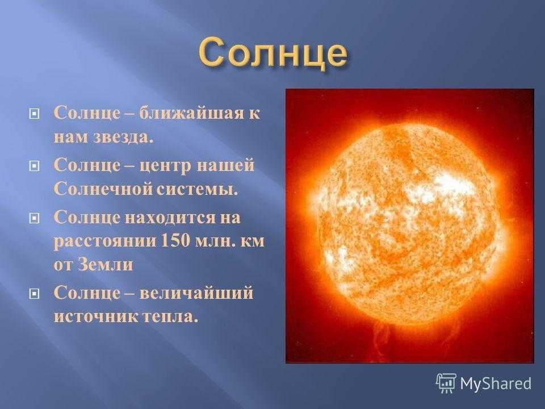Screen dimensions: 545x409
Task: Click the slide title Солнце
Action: point(273,53)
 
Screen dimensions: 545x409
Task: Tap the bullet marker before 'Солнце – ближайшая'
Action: point(33,114)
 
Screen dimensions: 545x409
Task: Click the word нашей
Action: point(225,165)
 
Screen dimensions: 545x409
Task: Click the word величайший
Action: point(196,293)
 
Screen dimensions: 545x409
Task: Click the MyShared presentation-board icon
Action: point(446,383)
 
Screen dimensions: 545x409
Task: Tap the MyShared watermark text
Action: point(496,383)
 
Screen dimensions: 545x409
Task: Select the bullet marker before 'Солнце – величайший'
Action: point(33,294)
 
